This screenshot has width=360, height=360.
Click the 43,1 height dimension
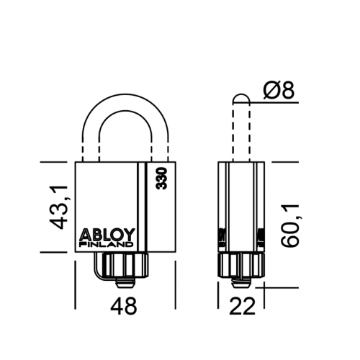coord(59,207)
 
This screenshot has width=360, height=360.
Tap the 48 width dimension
coord(124,306)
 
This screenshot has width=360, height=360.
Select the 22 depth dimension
coord(241,306)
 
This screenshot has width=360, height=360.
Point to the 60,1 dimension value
coord(290,225)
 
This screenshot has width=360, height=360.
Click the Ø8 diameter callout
coord(279,90)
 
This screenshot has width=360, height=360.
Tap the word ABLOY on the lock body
coord(107,235)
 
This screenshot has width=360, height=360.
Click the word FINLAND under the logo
coord(106,245)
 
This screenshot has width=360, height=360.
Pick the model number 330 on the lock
coord(161,179)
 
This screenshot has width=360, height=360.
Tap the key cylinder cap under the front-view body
coord(124,266)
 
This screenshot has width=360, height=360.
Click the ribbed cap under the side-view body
coord(241,265)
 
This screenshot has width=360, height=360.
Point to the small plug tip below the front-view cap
coord(124,284)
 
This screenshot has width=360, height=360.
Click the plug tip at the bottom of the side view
coord(241,284)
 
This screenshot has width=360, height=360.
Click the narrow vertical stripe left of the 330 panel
coord(142,207)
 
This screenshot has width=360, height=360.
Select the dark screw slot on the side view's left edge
coord(222,238)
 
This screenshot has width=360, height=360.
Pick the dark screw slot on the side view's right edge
coord(261,238)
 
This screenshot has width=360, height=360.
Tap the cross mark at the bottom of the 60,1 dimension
coord(264,287)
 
